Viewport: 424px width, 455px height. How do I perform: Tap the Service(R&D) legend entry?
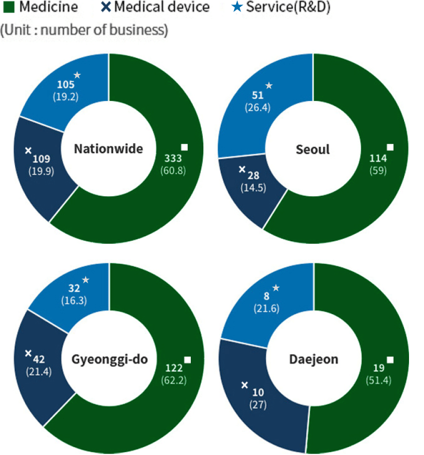tap(283, 7)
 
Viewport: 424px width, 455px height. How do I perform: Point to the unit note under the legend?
tap(83, 29)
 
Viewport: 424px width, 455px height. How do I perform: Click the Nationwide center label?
tap(108, 149)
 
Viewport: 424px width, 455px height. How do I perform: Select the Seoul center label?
tap(313, 149)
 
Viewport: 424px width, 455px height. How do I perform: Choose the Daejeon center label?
tap(313, 359)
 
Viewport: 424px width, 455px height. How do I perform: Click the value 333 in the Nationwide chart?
tap(173, 158)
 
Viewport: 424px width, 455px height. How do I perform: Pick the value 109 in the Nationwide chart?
tap(42, 159)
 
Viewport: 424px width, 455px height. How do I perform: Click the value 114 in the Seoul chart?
tap(379, 158)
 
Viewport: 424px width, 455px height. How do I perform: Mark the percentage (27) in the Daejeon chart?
tap(258, 404)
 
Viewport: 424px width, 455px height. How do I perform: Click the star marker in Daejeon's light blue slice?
tap(276, 288)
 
